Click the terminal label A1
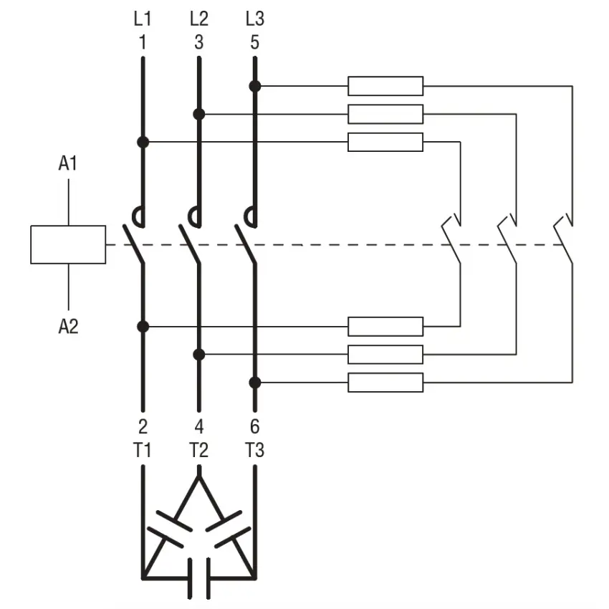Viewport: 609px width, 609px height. (x=68, y=163)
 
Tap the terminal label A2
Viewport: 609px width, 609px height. (x=68, y=326)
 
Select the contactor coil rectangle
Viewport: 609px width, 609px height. (x=68, y=245)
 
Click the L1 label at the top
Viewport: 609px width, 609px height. (x=143, y=19)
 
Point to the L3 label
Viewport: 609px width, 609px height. (x=255, y=19)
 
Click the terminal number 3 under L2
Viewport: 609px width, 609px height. (x=199, y=42)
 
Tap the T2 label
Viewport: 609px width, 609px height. (x=199, y=451)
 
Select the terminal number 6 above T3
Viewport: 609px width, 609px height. (x=255, y=427)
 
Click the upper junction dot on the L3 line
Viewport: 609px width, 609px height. (x=255, y=86)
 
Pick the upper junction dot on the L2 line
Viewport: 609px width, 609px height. (x=199, y=114)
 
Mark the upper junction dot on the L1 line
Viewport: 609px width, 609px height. (x=143, y=142)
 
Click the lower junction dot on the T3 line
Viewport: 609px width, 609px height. (x=255, y=383)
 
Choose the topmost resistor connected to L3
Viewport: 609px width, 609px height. (x=385, y=86)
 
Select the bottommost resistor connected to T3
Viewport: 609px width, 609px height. (x=385, y=383)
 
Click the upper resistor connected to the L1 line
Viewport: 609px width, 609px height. (x=385, y=142)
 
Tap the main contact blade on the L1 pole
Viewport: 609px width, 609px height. (x=133, y=244)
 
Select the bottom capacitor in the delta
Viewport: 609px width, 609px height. (x=199, y=578)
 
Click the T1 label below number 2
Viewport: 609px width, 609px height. (x=142, y=451)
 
